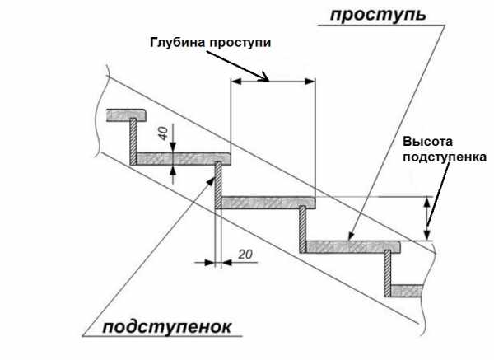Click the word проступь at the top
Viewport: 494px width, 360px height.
[378, 15]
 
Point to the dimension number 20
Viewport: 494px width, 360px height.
[244, 254]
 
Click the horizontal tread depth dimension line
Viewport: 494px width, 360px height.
[272, 81]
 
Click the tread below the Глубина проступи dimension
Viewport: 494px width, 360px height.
[268, 202]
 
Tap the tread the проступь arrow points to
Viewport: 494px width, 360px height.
[352, 245]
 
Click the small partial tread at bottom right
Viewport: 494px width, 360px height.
[407, 288]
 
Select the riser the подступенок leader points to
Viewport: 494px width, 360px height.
[218, 185]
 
